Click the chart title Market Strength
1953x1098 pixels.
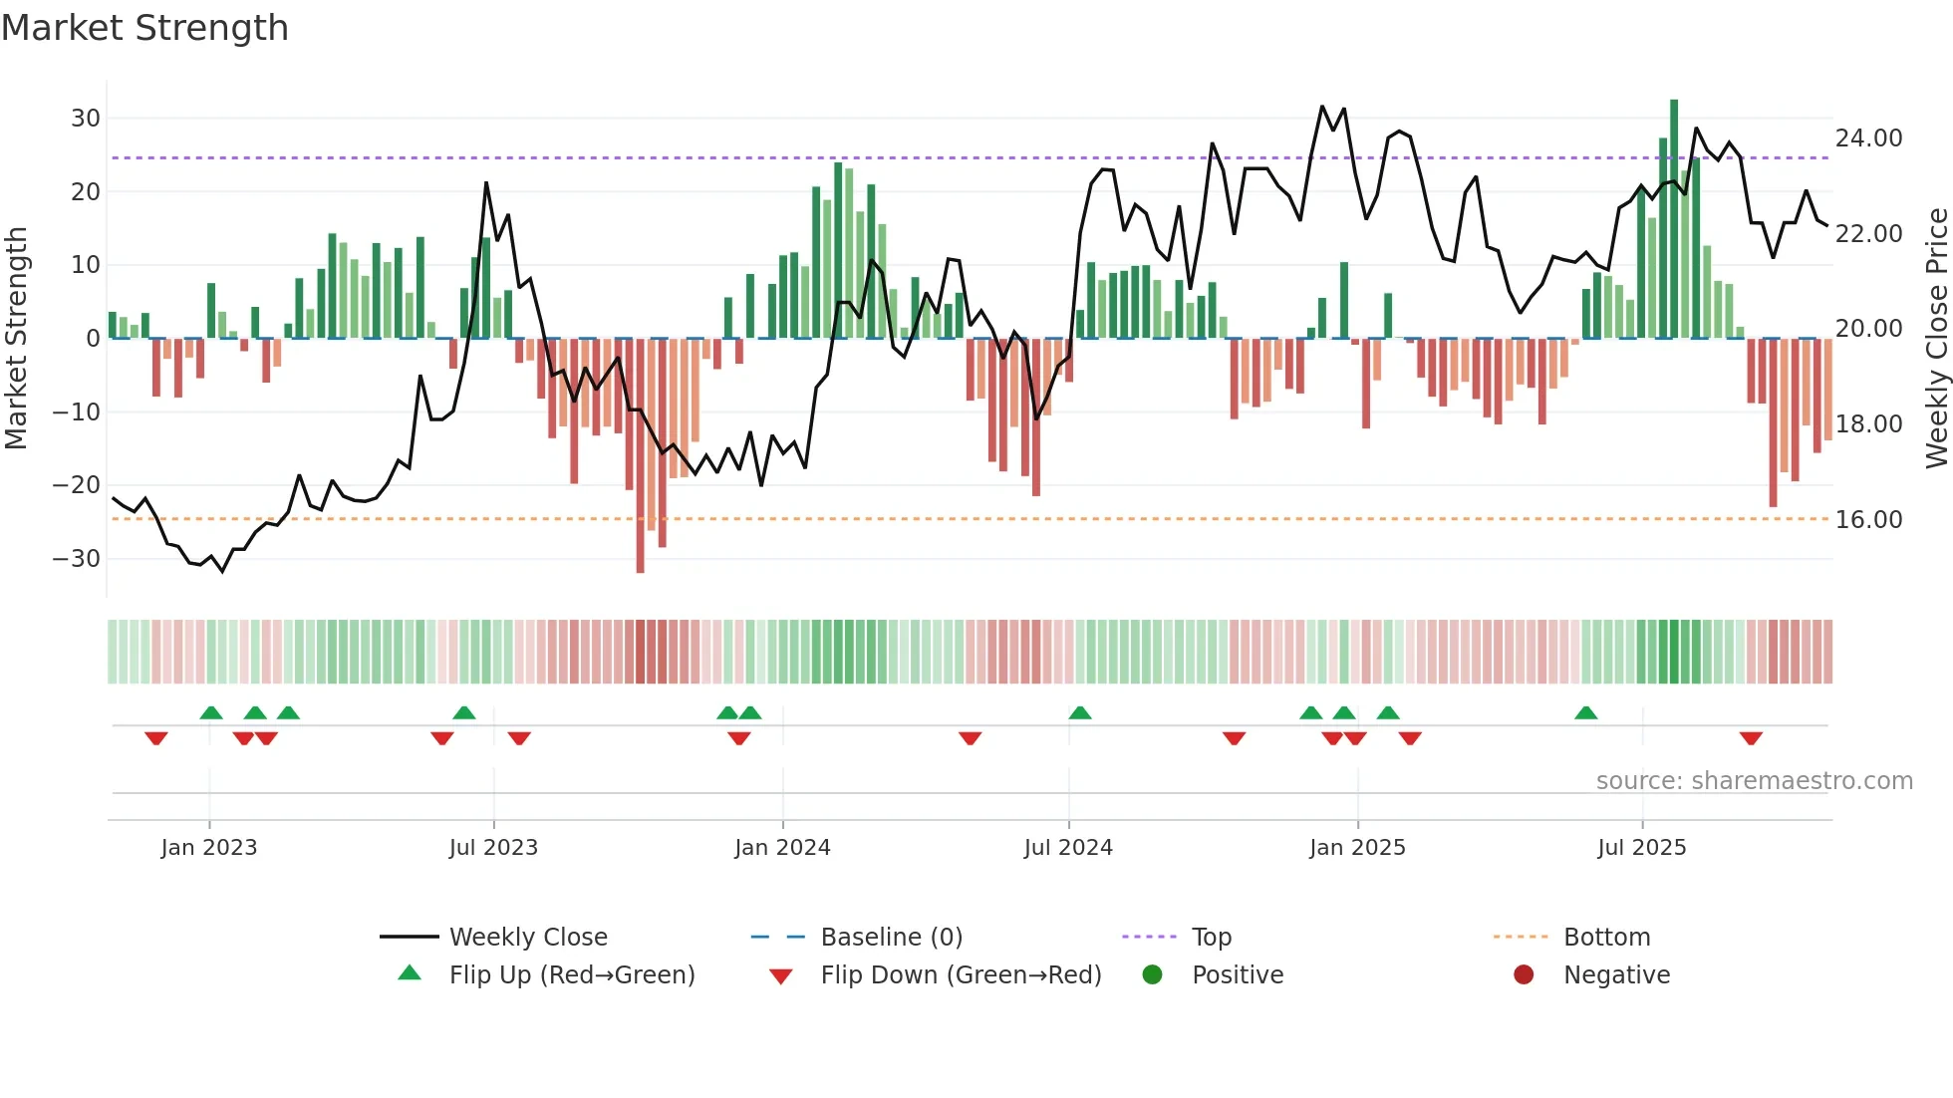144,28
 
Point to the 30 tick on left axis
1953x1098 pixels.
85,119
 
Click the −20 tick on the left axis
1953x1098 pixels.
77,485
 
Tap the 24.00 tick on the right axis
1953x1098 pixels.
1868,138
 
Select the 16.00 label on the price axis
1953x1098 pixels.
1868,520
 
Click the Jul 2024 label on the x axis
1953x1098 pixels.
1068,848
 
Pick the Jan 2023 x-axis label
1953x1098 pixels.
209,848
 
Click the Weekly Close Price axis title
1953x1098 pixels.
1936,339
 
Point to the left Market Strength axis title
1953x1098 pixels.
17,339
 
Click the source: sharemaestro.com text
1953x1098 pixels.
1754,781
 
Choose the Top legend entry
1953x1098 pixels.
1212,938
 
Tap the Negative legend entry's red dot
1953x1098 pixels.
1524,975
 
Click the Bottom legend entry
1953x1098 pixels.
1606,938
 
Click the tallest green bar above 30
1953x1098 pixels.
1674,219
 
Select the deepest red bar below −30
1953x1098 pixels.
640,455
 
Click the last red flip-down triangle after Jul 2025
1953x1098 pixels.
1751,738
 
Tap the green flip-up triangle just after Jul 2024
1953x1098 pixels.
1080,712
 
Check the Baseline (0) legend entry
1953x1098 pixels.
891,938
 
